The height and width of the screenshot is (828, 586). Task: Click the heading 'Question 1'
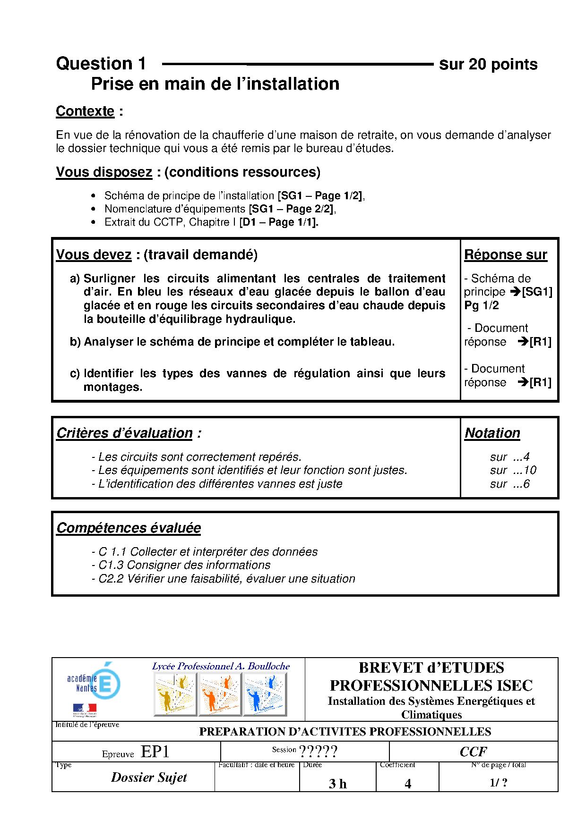(x=101, y=64)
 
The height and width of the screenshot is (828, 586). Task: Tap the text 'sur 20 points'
(x=488, y=64)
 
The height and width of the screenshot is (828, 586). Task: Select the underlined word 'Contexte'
(x=85, y=111)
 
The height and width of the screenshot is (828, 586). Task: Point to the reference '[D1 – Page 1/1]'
(x=279, y=222)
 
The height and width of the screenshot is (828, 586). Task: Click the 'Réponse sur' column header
(x=505, y=255)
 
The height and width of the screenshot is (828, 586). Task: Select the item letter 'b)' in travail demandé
(x=75, y=342)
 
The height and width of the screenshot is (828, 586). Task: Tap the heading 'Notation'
(x=492, y=433)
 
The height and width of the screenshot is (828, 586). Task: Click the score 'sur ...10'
(x=513, y=470)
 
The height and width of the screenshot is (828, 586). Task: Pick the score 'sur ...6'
(x=509, y=484)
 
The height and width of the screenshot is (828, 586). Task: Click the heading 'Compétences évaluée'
(x=129, y=528)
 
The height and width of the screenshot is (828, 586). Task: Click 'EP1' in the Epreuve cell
(x=155, y=752)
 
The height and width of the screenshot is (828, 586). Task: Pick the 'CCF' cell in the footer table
(x=473, y=752)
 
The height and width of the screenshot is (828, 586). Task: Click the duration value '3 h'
(x=337, y=784)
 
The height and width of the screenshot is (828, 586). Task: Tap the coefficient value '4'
(x=407, y=784)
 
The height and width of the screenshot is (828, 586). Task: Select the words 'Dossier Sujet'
(x=149, y=777)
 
